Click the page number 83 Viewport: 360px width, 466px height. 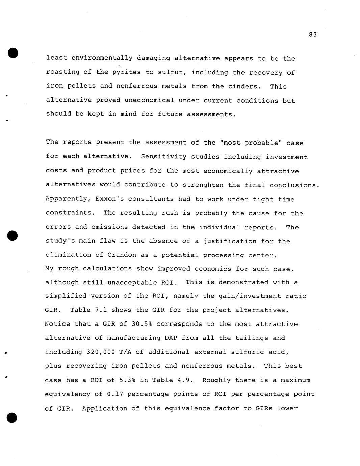coord(313,35)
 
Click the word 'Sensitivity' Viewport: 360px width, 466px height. coord(163,157)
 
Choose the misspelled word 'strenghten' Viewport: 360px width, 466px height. coord(203,185)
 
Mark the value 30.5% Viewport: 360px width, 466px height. coord(142,324)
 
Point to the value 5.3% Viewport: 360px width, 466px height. coord(128,380)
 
